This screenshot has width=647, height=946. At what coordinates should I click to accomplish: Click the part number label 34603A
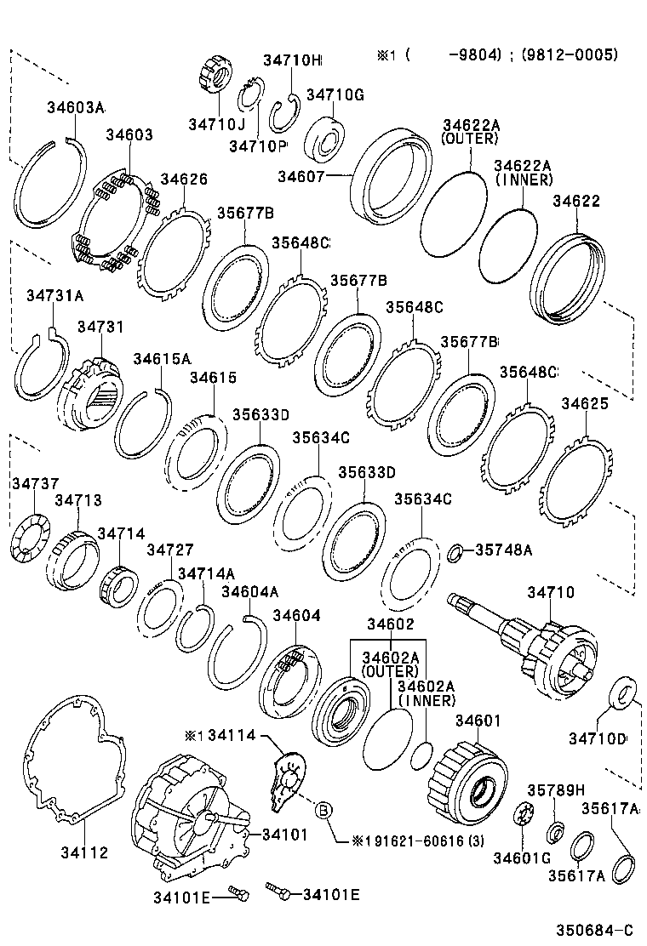coord(74,107)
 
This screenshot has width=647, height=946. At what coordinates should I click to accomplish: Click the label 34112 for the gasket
coord(84,853)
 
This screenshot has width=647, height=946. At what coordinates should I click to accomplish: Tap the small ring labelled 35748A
coord(455,554)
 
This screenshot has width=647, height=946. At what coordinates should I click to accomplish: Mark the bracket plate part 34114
coord(286,777)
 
